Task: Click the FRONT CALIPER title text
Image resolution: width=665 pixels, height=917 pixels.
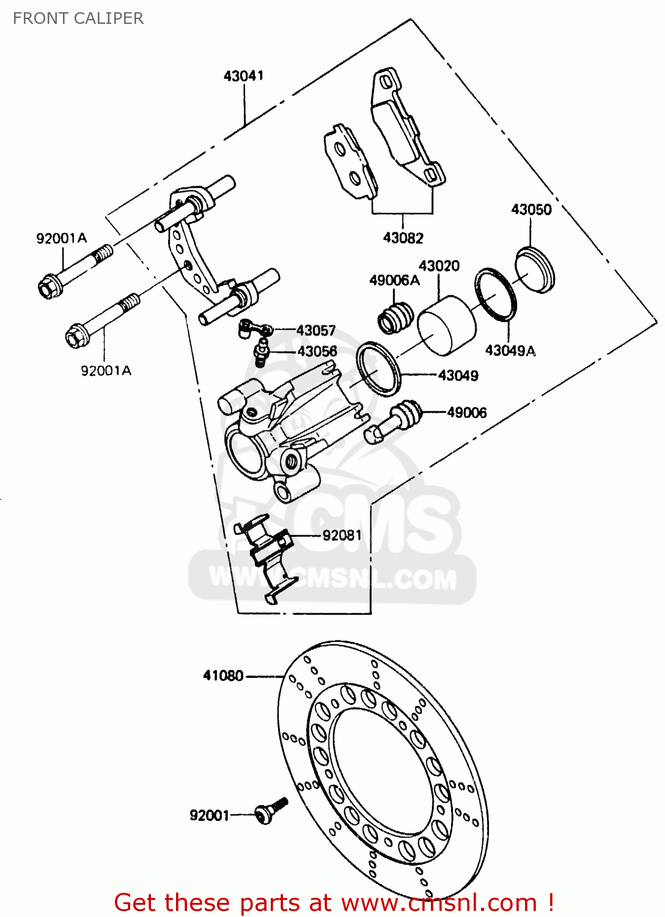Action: tap(78, 18)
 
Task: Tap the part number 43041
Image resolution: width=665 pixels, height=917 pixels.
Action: tap(243, 76)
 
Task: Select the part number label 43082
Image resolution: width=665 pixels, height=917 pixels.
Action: tap(403, 238)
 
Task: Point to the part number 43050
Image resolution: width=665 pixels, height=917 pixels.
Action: tap(531, 210)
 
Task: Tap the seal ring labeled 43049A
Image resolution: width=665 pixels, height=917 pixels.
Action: tap(495, 293)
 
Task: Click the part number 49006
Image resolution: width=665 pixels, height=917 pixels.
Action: tap(467, 413)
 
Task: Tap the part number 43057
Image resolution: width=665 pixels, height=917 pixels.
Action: tap(316, 331)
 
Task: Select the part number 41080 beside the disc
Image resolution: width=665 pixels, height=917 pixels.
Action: tap(223, 676)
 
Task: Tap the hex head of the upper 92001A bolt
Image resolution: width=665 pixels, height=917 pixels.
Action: tap(48, 287)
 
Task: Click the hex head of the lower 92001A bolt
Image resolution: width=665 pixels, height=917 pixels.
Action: tap(76, 337)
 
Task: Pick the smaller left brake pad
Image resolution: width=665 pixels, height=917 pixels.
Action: tap(349, 162)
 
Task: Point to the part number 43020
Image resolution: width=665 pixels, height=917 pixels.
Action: tap(439, 266)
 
